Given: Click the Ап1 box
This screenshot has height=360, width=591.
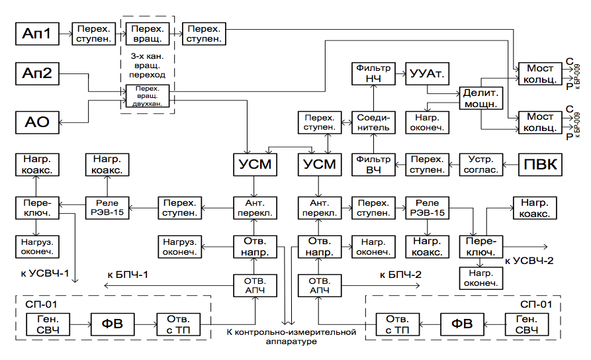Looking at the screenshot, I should [x=37, y=34].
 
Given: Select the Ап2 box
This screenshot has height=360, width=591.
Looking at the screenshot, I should [x=37, y=73].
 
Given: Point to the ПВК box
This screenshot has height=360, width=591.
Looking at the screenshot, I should [x=541, y=165].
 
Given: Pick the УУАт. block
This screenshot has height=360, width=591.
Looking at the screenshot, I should [x=426, y=73].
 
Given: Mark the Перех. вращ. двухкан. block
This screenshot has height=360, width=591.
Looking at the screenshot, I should [x=148, y=96].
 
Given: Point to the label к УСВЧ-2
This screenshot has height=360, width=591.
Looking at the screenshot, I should [x=529, y=260].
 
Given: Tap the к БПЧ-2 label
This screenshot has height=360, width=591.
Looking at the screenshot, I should [x=400, y=273].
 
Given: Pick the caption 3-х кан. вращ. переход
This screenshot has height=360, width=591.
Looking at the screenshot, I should [x=148, y=66].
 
